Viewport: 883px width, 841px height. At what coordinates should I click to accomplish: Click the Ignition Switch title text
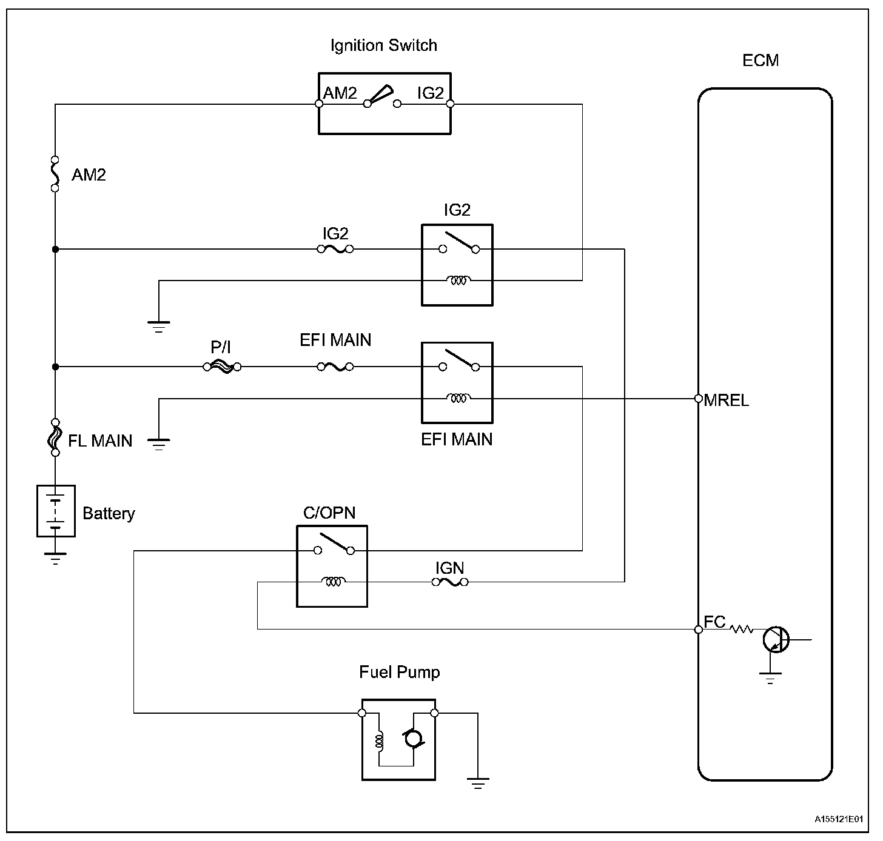click(383, 45)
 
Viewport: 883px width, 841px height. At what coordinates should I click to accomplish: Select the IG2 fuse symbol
click(335, 248)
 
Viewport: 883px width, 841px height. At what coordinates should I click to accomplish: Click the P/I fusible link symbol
click(221, 367)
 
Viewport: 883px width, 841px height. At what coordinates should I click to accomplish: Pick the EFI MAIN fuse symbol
click(335, 367)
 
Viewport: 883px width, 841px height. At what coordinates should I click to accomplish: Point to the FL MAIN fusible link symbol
click(55, 437)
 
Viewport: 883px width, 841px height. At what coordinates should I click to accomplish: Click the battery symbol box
click(56, 511)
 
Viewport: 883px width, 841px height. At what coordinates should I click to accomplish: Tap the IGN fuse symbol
click(449, 582)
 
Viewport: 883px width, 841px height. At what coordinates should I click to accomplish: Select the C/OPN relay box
click(332, 566)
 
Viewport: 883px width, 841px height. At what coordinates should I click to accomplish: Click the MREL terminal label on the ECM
click(726, 401)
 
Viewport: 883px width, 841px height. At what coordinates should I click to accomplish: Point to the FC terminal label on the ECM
click(714, 622)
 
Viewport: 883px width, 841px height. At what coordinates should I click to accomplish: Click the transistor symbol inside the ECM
click(776, 639)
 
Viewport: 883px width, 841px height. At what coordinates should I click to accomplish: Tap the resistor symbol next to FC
click(741, 630)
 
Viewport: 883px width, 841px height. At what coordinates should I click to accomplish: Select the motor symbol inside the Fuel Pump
click(413, 739)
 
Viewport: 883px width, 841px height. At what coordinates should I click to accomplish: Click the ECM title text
click(760, 61)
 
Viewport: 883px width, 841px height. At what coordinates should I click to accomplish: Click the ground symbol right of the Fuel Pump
click(478, 783)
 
